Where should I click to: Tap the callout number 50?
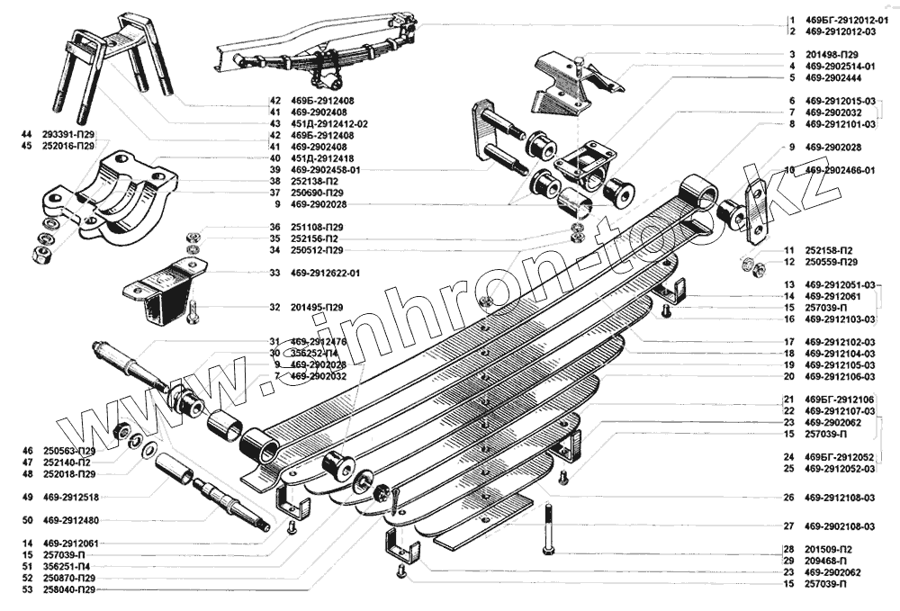click(x=28, y=520)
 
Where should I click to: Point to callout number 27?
click(x=787, y=526)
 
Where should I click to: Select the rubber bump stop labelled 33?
click(x=166, y=288)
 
